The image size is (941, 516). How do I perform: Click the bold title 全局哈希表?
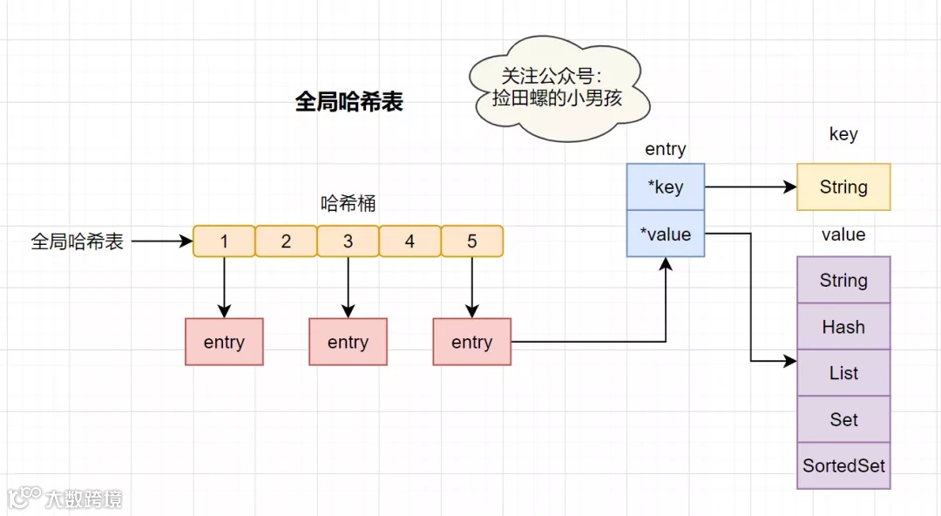(349, 102)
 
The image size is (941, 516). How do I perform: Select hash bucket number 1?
(224, 241)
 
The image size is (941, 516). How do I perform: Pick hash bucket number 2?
(286, 241)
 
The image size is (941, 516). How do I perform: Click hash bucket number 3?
(348, 241)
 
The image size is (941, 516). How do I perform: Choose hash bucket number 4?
(410, 241)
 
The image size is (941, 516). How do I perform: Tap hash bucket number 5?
(472, 241)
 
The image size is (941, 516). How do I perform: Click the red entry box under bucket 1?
(224, 342)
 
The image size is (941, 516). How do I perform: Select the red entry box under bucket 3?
(348, 342)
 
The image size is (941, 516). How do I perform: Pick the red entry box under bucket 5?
(471, 342)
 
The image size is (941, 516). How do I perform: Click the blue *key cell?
(666, 187)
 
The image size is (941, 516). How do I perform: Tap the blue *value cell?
(666, 234)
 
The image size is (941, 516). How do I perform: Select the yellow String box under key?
(843, 187)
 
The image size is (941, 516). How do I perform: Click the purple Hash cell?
(843, 327)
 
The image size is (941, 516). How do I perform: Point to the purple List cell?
(843, 373)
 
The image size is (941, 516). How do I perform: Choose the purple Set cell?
(843, 419)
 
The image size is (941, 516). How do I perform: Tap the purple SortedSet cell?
(843, 465)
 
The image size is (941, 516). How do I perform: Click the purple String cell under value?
(843, 280)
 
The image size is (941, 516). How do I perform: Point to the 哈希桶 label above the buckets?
(349, 204)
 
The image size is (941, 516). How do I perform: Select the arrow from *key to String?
(749, 187)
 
